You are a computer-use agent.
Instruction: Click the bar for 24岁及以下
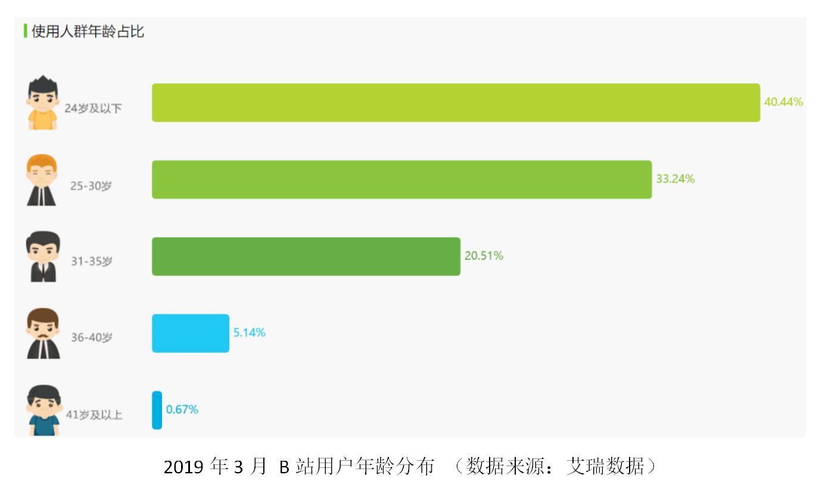(x=456, y=103)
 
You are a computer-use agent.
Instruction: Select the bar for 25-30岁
(x=401, y=179)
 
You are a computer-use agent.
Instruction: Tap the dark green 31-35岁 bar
(x=306, y=256)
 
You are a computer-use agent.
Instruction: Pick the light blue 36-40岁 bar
(x=190, y=333)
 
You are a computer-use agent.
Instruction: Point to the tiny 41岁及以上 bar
(x=157, y=410)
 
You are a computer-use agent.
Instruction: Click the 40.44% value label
(x=783, y=102)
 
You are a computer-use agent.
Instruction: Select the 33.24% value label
(x=675, y=179)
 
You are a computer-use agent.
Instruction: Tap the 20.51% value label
(x=484, y=256)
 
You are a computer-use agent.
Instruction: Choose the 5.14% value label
(x=249, y=333)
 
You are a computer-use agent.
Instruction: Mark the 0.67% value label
(x=182, y=410)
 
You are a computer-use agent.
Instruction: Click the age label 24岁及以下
(x=93, y=109)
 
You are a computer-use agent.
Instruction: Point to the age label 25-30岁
(x=91, y=186)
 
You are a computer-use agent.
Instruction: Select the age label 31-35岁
(x=91, y=261)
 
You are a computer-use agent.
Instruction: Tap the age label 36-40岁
(x=91, y=337)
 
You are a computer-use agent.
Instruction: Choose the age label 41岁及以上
(x=94, y=415)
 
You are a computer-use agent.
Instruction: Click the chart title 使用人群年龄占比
(x=88, y=32)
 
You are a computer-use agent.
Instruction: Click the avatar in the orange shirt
(x=43, y=103)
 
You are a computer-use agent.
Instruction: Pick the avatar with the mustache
(x=43, y=333)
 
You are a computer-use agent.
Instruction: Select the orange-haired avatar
(x=42, y=180)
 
